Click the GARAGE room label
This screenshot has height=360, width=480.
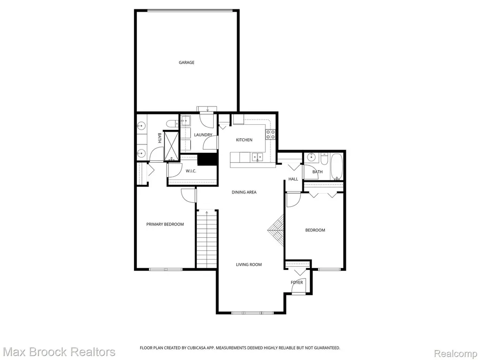[187, 62]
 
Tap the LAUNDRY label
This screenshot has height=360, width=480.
[203, 135]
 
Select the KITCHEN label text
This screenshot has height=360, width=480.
[244, 140]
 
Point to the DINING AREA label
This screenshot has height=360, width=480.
[244, 192]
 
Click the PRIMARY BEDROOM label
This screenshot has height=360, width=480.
[165, 225]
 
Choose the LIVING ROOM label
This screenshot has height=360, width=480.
[249, 265]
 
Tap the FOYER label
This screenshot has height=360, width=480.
[297, 283]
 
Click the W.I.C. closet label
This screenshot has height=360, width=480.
[191, 171]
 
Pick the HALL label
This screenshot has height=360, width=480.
[293, 179]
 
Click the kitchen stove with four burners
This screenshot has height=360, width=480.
[270, 135]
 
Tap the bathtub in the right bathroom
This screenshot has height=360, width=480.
[337, 167]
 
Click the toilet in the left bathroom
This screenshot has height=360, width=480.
[172, 124]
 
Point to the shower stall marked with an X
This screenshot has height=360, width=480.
[171, 146]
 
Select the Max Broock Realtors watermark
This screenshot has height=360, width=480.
[60, 352]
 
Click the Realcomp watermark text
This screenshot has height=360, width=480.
[456, 353]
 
